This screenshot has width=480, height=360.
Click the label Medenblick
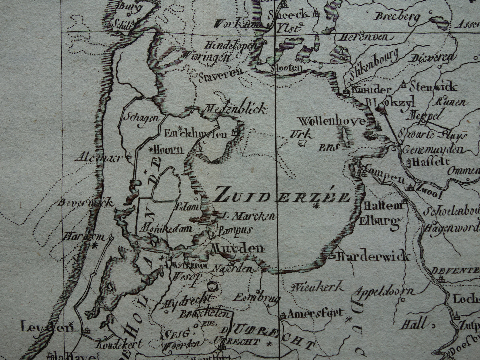click(x=235, y=109)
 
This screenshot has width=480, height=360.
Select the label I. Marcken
click(x=248, y=217)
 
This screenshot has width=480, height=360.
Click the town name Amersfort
click(x=315, y=313)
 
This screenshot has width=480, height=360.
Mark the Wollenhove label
click(x=332, y=121)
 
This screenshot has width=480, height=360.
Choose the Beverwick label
click(x=85, y=203)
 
